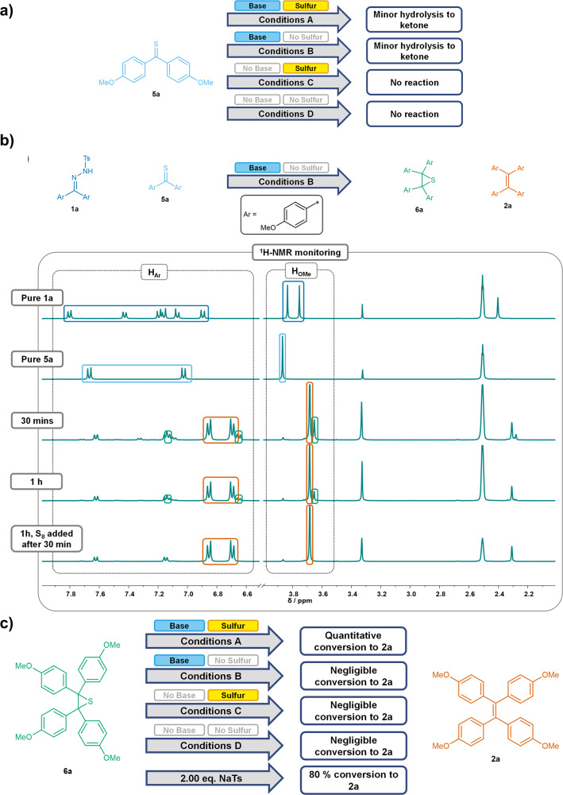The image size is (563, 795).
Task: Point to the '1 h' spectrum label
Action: coord(37,481)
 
